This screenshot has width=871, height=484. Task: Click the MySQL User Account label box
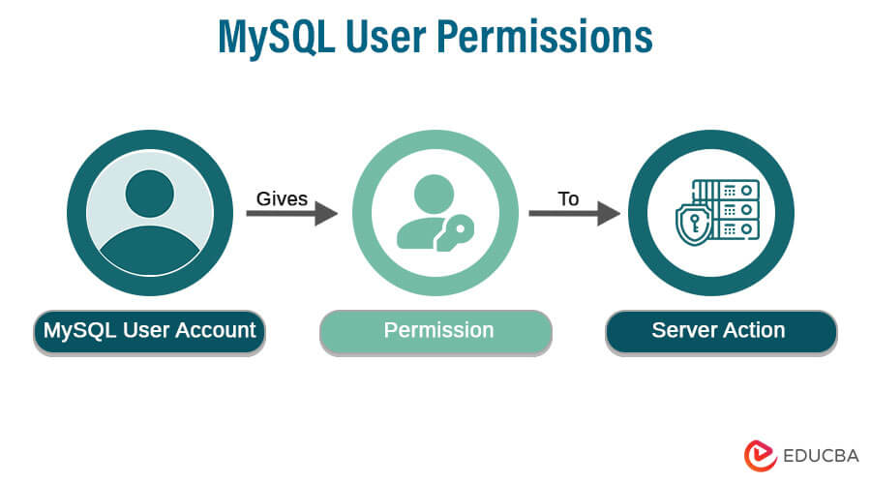click(149, 331)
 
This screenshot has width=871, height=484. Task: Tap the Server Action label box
click(721, 331)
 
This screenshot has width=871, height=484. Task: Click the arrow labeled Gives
click(291, 213)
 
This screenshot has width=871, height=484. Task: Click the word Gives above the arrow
click(282, 198)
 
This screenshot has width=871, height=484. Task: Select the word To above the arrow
click(568, 198)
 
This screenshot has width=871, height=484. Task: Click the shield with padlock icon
click(694, 223)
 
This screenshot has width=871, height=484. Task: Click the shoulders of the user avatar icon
click(149, 248)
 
